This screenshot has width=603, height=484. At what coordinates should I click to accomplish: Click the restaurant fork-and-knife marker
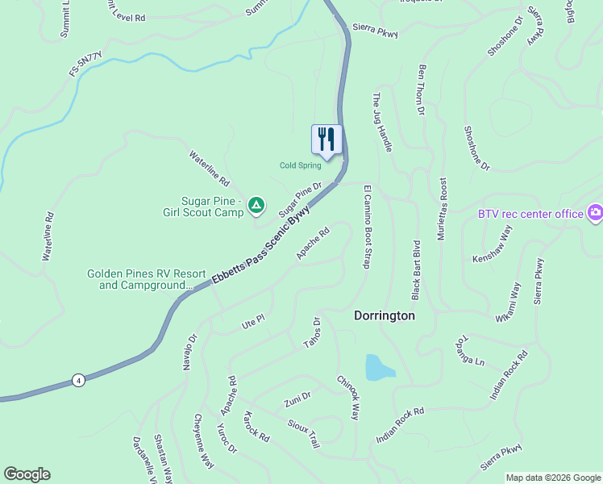click(326, 139)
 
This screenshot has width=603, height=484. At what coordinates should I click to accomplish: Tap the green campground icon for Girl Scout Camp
click(256, 207)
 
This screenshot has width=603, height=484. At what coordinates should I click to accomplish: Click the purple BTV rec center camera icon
click(595, 213)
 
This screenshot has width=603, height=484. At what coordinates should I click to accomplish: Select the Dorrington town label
click(385, 315)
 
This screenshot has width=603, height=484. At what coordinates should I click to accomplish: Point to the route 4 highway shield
click(77, 380)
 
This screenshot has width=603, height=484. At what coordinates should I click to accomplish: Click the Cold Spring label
click(300, 165)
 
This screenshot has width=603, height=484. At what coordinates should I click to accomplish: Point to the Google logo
click(27, 474)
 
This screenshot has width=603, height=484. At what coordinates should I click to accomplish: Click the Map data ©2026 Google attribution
click(553, 478)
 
